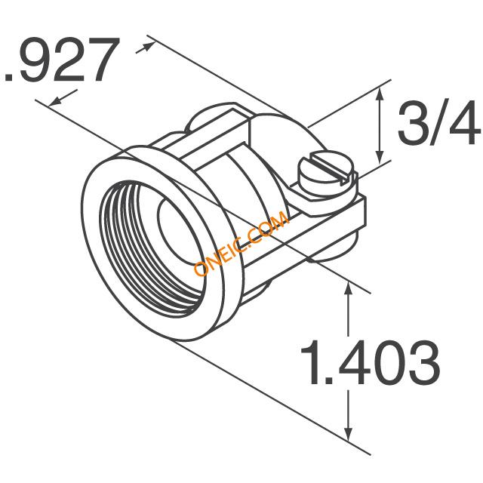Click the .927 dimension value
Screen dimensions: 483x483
pos(62,60)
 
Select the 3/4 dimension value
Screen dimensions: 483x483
pos(440,124)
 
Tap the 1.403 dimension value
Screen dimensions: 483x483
pos(371,363)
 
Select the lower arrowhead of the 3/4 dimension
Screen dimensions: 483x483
pos(380,158)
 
